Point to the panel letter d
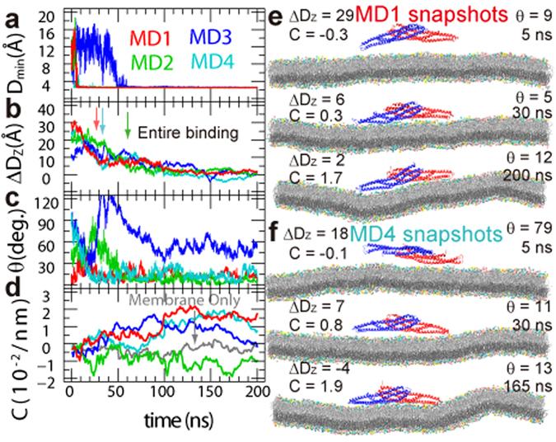coord(10,291)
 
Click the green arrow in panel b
coord(128,125)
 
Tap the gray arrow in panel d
coord(194,336)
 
